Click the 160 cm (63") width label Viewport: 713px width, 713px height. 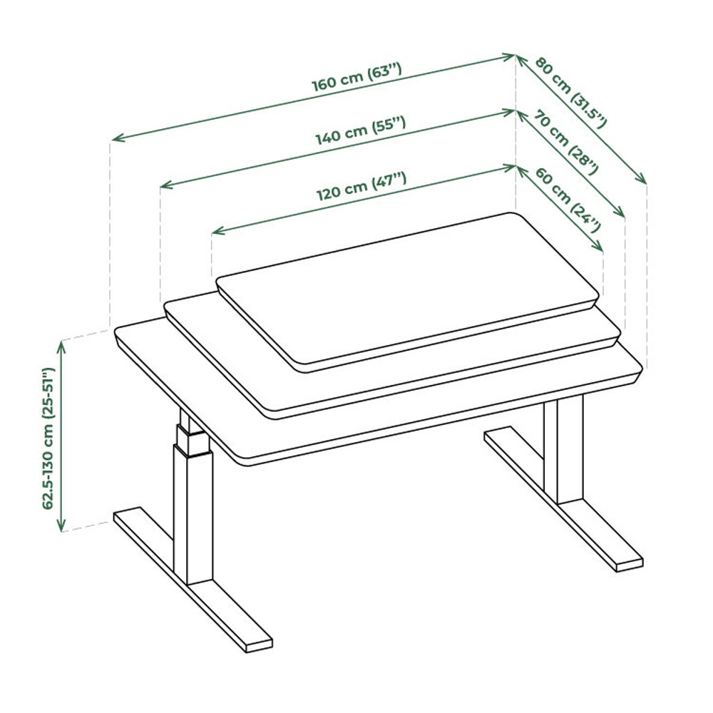click(x=356, y=77)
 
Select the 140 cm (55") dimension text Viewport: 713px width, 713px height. click(x=361, y=130)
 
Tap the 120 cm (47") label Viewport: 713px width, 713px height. click(x=361, y=186)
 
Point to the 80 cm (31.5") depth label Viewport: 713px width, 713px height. click(x=570, y=92)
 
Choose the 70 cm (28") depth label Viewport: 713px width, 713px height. click(x=565, y=143)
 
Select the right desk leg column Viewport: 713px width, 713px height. click(x=563, y=449)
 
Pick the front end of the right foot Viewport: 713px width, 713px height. click(x=630, y=564)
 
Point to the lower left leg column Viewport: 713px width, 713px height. click(x=193, y=516)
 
